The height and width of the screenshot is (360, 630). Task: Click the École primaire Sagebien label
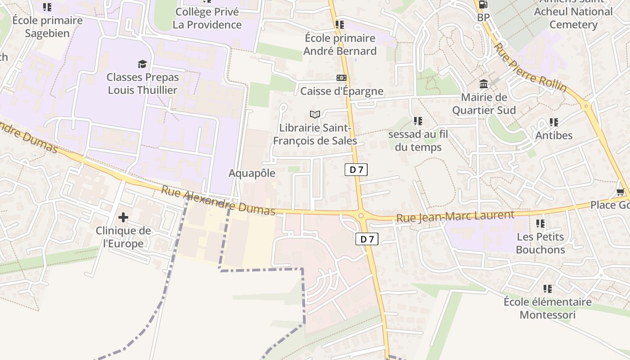(x=47, y=27)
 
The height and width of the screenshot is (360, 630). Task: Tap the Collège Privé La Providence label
(x=207, y=18)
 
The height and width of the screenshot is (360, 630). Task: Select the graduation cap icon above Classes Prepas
(x=143, y=64)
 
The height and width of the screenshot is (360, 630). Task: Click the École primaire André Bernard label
(x=340, y=45)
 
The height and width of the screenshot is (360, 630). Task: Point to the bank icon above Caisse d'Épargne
(x=342, y=78)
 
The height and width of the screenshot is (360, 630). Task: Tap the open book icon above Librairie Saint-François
(x=315, y=114)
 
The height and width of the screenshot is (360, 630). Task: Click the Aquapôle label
(x=252, y=173)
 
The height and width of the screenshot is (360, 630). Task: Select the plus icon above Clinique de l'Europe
(x=123, y=217)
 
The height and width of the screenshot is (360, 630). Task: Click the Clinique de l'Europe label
(x=123, y=237)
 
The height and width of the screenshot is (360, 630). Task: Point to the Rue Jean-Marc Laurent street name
(x=455, y=216)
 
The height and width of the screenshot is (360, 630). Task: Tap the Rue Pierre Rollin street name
(x=530, y=67)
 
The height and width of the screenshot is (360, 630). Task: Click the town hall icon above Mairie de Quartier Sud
(x=484, y=84)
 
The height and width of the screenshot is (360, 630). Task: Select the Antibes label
(x=553, y=135)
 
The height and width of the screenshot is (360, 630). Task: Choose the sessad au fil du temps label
(x=418, y=140)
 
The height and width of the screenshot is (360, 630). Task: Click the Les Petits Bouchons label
(x=540, y=243)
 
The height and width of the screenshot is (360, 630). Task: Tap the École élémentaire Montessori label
(x=547, y=308)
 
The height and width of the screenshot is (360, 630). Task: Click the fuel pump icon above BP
(x=483, y=4)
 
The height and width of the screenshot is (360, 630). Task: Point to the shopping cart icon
(x=621, y=192)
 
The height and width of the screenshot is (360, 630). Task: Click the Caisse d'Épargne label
(x=342, y=91)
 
